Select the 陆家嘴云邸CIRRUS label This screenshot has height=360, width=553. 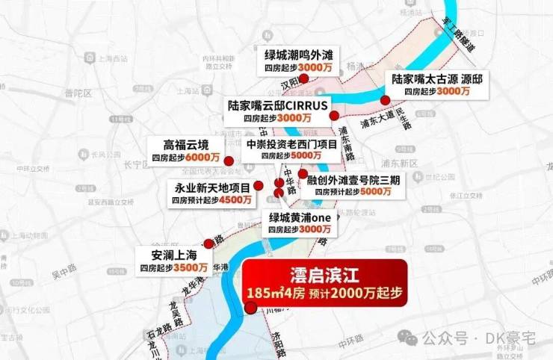tap(277, 112)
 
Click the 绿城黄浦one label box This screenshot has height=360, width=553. tap(299, 223)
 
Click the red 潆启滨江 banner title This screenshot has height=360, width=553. tap(324, 273)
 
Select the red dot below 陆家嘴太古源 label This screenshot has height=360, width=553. tap(385, 100)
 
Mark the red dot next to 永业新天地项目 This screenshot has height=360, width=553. tap(258, 185)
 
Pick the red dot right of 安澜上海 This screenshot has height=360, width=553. tap(208, 243)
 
